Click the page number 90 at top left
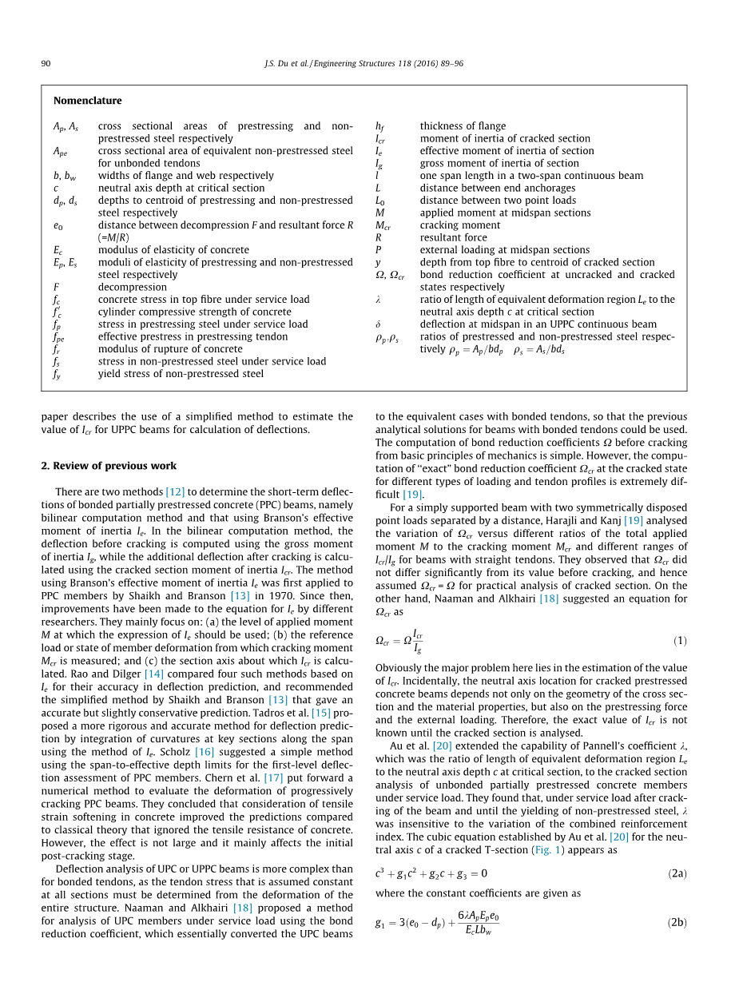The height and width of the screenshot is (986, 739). (x=46, y=63)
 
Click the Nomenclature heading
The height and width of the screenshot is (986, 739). (x=88, y=101)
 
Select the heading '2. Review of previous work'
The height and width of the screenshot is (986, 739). (x=109, y=466)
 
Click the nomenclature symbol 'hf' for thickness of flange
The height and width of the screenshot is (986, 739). (x=380, y=126)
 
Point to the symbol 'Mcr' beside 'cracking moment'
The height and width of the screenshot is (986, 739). (x=382, y=225)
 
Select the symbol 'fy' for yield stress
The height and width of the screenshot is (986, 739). (x=58, y=374)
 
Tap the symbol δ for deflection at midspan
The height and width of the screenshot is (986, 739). (x=378, y=324)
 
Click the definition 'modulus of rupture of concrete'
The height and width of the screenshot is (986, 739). (x=170, y=349)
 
